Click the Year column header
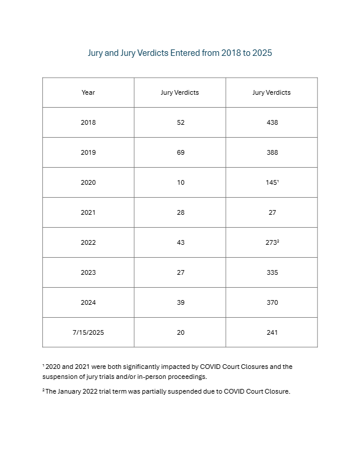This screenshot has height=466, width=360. tap(88, 92)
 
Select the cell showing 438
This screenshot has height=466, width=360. tap(272, 122)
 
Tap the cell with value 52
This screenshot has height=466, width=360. tap(180, 122)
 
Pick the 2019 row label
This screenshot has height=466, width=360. tap(88, 152)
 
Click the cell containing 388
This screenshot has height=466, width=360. tap(272, 152)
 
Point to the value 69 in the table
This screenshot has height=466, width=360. tap(180, 152)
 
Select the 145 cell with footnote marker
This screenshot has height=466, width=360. tap(272, 182)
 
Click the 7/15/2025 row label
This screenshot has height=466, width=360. tap(88, 332)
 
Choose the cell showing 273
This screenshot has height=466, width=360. tap(272, 242)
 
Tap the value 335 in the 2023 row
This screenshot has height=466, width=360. tap(272, 272)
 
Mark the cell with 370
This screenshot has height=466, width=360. tap(272, 302)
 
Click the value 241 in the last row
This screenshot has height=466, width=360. tap(272, 332)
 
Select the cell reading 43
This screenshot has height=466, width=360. tap(180, 242)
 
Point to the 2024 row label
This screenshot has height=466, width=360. tap(88, 302)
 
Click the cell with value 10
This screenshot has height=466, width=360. tap(180, 182)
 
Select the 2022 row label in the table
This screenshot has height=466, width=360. tap(88, 242)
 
